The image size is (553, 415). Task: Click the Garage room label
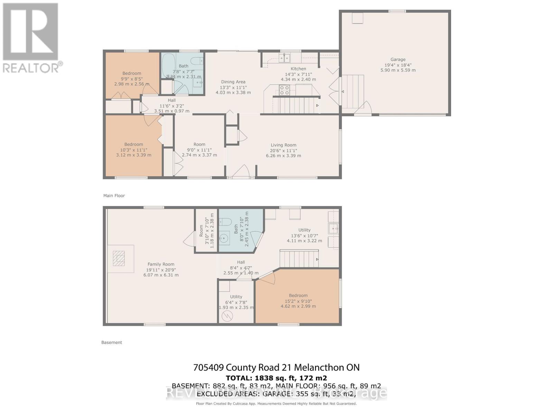(x=398, y=59)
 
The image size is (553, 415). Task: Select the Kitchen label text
(x=298, y=68)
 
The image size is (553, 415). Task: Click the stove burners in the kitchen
(x=284, y=90)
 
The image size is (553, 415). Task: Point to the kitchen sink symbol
(x=285, y=57)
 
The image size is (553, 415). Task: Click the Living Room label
(x=283, y=145)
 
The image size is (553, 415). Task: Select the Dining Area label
(x=233, y=82)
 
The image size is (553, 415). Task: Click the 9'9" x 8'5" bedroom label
(x=132, y=73)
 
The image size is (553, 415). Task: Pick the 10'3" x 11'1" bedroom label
(x=134, y=145)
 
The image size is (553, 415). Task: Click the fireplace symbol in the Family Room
(x=120, y=258)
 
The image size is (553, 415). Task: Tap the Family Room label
(x=161, y=264)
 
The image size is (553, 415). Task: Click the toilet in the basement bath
(x=226, y=221)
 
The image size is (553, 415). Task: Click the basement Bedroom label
(x=298, y=295)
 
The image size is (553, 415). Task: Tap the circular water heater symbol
(x=227, y=316)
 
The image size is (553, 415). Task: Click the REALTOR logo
(x=31, y=38)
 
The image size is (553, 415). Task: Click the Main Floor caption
(x=114, y=196)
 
